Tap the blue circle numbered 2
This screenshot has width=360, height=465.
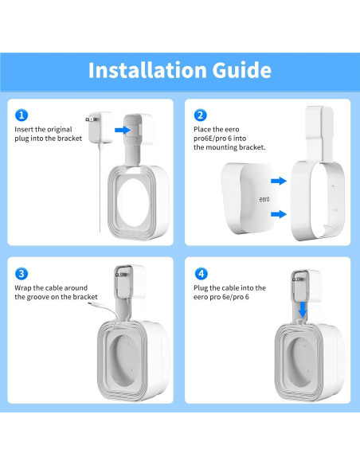pyautogui.click(x=201, y=115)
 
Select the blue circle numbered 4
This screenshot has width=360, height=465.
pyautogui.click(x=201, y=273)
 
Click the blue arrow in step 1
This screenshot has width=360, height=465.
pyautogui.click(x=121, y=127)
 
